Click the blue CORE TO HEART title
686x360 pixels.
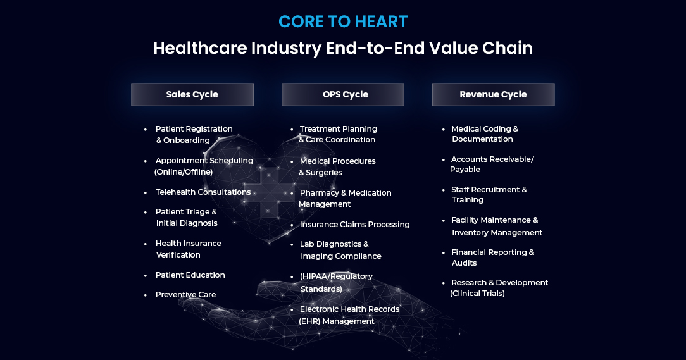(343, 22)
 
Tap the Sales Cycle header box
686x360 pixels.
(192, 94)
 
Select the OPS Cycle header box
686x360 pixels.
(343, 94)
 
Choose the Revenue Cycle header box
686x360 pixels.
(494, 94)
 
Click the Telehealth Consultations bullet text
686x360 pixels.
(203, 192)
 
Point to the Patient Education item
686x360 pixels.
(190, 275)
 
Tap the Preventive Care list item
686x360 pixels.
(185, 294)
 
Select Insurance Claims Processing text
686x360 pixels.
(355, 225)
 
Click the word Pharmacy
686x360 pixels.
(320, 193)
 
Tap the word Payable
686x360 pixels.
(465, 170)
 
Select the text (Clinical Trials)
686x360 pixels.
(477, 294)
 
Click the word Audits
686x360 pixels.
(464, 263)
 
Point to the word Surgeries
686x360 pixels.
(324, 173)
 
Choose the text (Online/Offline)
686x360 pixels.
(184, 172)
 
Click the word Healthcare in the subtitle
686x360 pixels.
(200, 47)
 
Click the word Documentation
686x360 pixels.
(482, 139)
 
